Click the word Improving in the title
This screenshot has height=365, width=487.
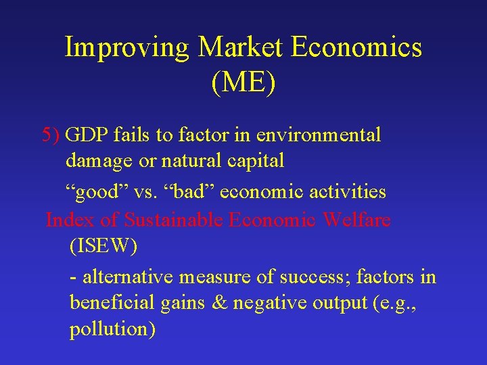[128, 48]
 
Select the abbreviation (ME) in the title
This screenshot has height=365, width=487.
[243, 84]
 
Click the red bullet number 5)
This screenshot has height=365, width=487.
[51, 135]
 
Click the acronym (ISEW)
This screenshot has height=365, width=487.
[103, 247]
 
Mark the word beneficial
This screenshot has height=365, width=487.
[113, 303]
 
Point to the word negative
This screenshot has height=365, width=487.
[270, 303]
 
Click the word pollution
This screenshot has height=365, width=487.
[112, 331]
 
